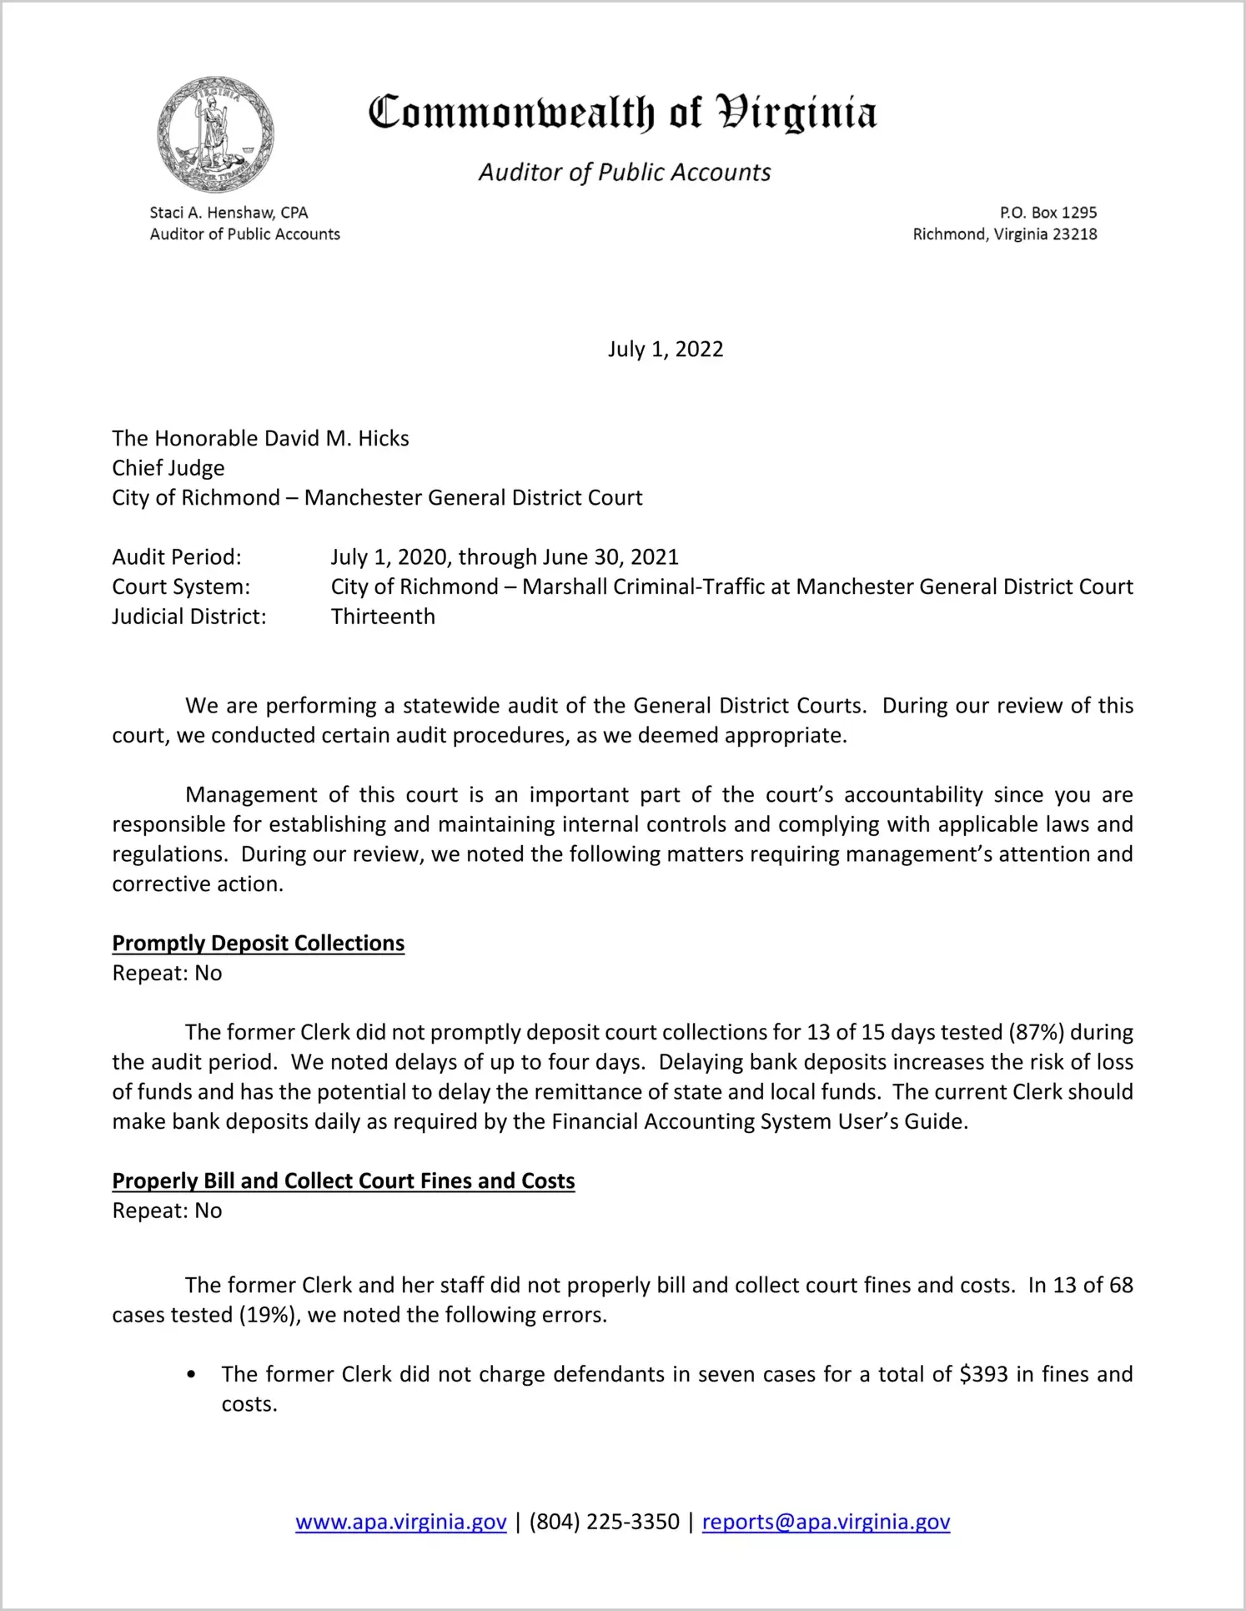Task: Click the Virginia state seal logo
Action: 215,134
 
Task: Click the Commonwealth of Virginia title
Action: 622,113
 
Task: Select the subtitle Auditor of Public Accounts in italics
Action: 624,172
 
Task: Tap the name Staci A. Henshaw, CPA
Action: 229,213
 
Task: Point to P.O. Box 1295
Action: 1048,213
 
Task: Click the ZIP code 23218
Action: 1074,234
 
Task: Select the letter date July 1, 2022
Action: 665,349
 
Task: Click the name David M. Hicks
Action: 336,439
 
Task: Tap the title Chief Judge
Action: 168,468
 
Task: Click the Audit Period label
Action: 177,557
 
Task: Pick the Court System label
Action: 181,587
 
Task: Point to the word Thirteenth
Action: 383,617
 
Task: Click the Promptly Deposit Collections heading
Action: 259,944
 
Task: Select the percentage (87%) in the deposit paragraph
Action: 1036,1033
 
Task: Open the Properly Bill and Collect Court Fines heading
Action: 344,1181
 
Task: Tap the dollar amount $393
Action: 984,1375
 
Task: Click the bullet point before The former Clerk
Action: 192,1375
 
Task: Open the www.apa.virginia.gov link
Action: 401,1523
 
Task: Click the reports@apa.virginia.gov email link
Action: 826,1523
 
